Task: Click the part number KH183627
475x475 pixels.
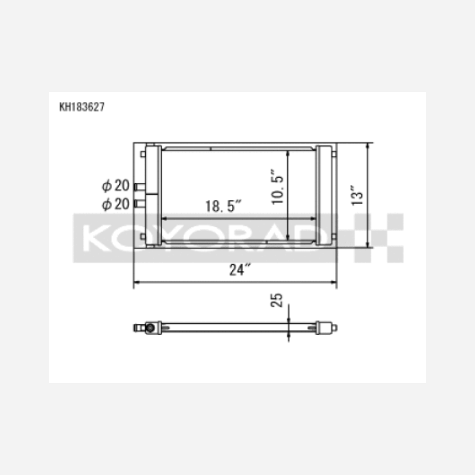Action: pyautogui.click(x=82, y=107)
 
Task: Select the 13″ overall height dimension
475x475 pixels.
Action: pyautogui.click(x=357, y=195)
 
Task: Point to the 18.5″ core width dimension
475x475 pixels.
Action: pyautogui.click(x=223, y=206)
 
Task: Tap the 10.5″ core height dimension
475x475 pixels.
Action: pyautogui.click(x=278, y=187)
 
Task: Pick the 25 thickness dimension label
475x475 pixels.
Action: pyautogui.click(x=276, y=300)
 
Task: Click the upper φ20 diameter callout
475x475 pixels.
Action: pyautogui.click(x=116, y=186)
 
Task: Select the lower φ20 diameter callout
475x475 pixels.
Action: pyautogui.click(x=116, y=204)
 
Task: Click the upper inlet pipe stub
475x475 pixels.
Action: pyautogui.click(x=140, y=187)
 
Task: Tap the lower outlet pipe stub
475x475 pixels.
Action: pyautogui.click(x=140, y=204)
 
